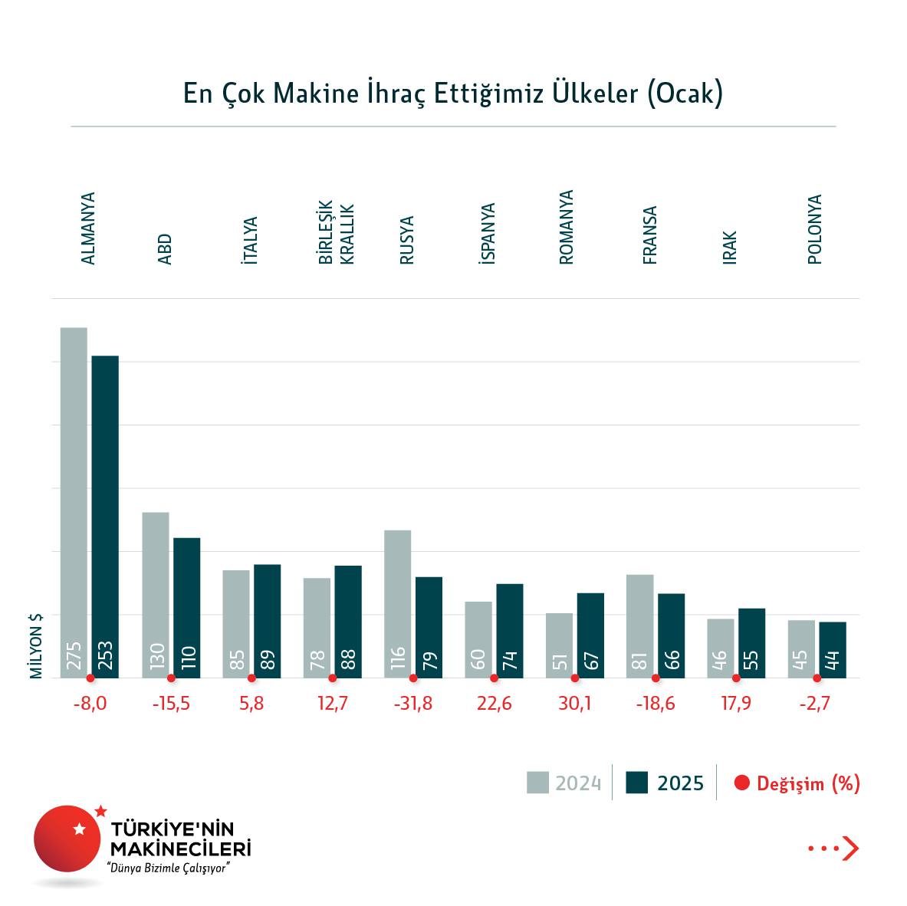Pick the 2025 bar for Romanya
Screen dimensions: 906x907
(x=590, y=635)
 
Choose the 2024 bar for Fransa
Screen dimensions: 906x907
(x=639, y=625)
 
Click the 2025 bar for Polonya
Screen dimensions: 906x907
(x=833, y=649)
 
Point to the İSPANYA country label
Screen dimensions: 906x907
(x=488, y=234)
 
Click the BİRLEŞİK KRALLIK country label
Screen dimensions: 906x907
(x=337, y=234)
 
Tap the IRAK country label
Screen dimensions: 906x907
(x=730, y=248)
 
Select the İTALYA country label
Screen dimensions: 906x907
(x=250, y=241)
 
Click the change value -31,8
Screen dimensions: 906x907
(x=413, y=704)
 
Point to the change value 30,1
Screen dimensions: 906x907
(x=575, y=704)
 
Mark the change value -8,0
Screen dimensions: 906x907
(x=90, y=704)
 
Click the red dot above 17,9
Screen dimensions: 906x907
(x=736, y=678)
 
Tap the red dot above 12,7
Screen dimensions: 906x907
(x=332, y=678)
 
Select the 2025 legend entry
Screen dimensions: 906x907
(x=665, y=783)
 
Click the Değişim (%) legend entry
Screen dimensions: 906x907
(x=797, y=783)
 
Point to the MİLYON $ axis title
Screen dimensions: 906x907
(x=36, y=645)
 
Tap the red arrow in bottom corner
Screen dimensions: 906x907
(x=849, y=848)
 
